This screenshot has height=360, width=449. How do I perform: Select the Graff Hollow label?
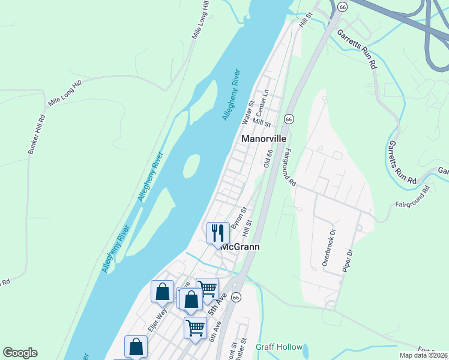pos(277,347)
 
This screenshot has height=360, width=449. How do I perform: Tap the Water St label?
pos(248,113)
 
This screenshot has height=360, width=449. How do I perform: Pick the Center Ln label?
pos(262,103)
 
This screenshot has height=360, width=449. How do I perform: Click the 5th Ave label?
pos(215,305)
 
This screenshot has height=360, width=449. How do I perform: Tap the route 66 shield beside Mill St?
pos(289,119)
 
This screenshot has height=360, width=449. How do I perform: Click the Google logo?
pos(20,353)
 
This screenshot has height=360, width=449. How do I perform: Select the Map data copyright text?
pos(423,355)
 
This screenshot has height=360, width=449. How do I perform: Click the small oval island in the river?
pos(191,166)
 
